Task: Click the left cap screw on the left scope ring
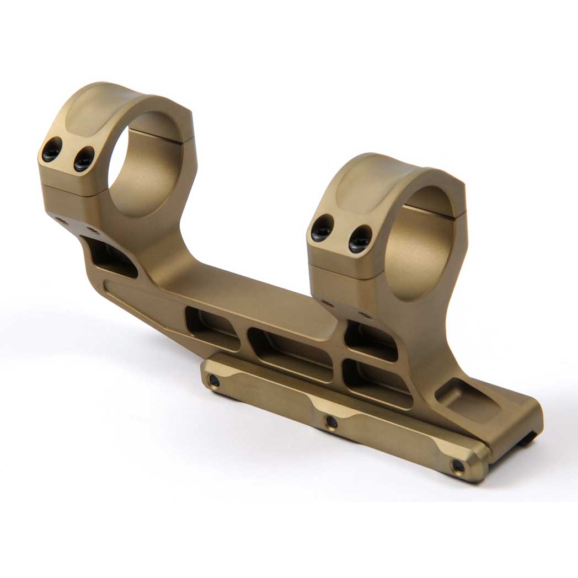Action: pyautogui.click(x=51, y=149)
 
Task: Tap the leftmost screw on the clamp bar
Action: pyautogui.click(x=213, y=381)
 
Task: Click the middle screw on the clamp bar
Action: pyautogui.click(x=331, y=422)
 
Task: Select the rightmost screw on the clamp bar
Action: pyautogui.click(x=458, y=466)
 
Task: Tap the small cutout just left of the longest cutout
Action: pyautogui.click(x=212, y=328)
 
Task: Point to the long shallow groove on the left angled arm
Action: pyautogui.click(x=143, y=309)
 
